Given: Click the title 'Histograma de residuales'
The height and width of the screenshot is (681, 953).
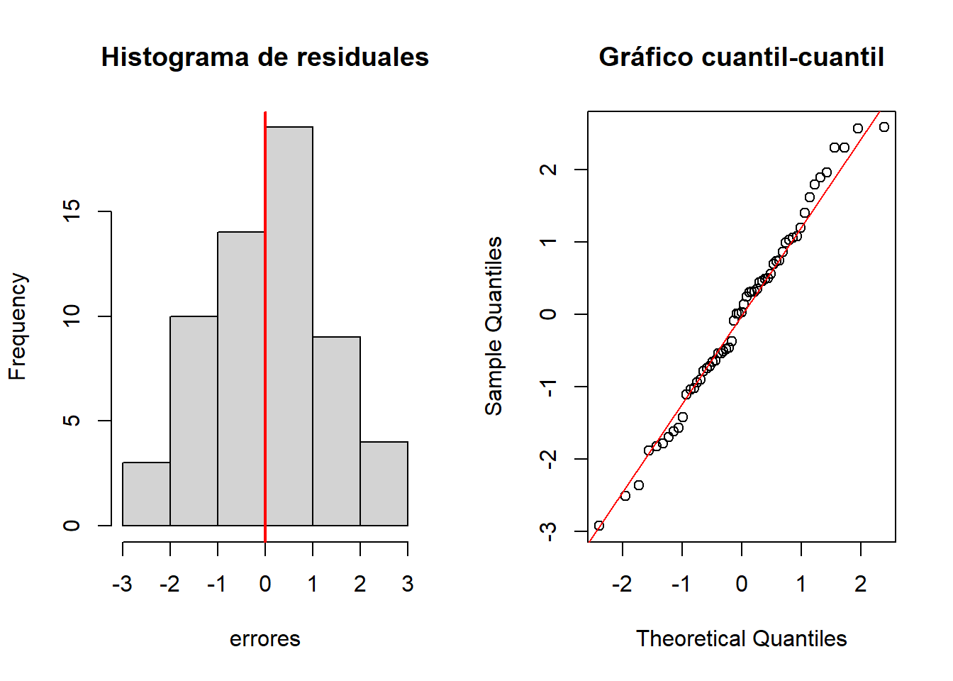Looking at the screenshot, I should [264, 57].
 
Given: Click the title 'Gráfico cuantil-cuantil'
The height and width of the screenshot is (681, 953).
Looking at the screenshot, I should [741, 57].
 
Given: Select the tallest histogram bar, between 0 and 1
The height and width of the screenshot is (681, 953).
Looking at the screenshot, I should [289, 326].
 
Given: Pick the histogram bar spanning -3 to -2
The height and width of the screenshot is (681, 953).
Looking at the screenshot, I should [146, 494].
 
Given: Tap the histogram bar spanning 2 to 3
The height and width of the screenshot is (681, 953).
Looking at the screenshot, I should [384, 484].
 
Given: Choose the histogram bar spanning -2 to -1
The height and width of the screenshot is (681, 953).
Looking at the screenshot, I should [194, 421].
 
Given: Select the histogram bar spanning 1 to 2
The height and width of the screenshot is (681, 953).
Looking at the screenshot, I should [336, 431].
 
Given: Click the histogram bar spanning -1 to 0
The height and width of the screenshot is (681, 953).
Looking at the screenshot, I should [241, 379].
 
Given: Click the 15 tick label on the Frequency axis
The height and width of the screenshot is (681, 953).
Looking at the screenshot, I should [72, 211].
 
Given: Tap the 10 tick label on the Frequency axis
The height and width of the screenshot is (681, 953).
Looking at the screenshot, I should [72, 316].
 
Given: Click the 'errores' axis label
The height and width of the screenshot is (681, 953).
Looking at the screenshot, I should [264, 639].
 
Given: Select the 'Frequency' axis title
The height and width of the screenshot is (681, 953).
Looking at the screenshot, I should [17, 326].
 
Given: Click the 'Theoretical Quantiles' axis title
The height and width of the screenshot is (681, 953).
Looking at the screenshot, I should [741, 639].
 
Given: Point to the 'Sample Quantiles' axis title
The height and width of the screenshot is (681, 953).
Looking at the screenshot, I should [494, 326].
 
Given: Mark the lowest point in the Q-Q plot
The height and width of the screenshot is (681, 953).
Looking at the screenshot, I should [599, 526].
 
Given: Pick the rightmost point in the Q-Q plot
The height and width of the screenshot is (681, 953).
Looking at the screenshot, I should [884, 127].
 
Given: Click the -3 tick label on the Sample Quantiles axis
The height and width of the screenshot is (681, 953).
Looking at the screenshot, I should [548, 531].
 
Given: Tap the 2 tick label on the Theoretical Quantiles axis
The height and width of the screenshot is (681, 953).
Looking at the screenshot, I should [860, 584].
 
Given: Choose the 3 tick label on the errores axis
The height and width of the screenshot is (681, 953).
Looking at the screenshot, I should [407, 584].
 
